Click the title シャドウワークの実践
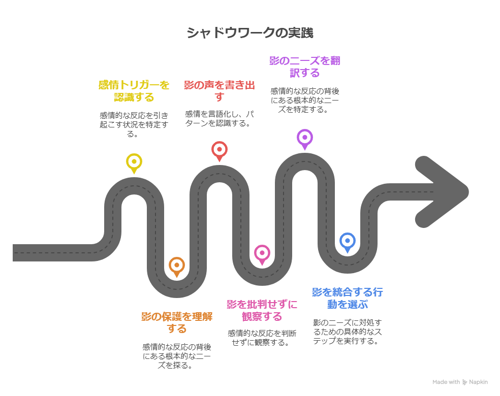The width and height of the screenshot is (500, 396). (x=249, y=33)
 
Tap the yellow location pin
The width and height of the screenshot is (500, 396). (x=134, y=162)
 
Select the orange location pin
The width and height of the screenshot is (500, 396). (x=176, y=266)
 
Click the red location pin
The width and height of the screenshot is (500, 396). (x=219, y=150)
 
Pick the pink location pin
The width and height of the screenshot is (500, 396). (x=262, y=253)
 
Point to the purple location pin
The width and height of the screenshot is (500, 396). (x=304, y=138)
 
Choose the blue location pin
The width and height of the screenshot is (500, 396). (x=348, y=241)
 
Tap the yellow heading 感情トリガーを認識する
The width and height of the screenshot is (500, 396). (x=134, y=90)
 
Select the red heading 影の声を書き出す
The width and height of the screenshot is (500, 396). (x=219, y=90)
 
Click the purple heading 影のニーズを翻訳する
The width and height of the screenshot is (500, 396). (x=304, y=67)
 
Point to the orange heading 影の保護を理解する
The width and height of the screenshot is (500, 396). (x=176, y=322)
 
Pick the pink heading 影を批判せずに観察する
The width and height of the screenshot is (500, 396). (x=262, y=310)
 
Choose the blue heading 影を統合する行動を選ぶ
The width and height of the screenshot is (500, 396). (x=348, y=298)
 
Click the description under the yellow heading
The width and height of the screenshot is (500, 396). (x=134, y=124)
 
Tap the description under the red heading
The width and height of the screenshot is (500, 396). (x=219, y=118)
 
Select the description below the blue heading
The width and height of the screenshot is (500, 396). (x=348, y=332)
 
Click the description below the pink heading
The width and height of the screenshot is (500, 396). (x=262, y=338)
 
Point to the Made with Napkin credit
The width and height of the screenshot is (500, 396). (x=460, y=382)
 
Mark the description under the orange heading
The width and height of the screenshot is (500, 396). (x=176, y=356)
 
